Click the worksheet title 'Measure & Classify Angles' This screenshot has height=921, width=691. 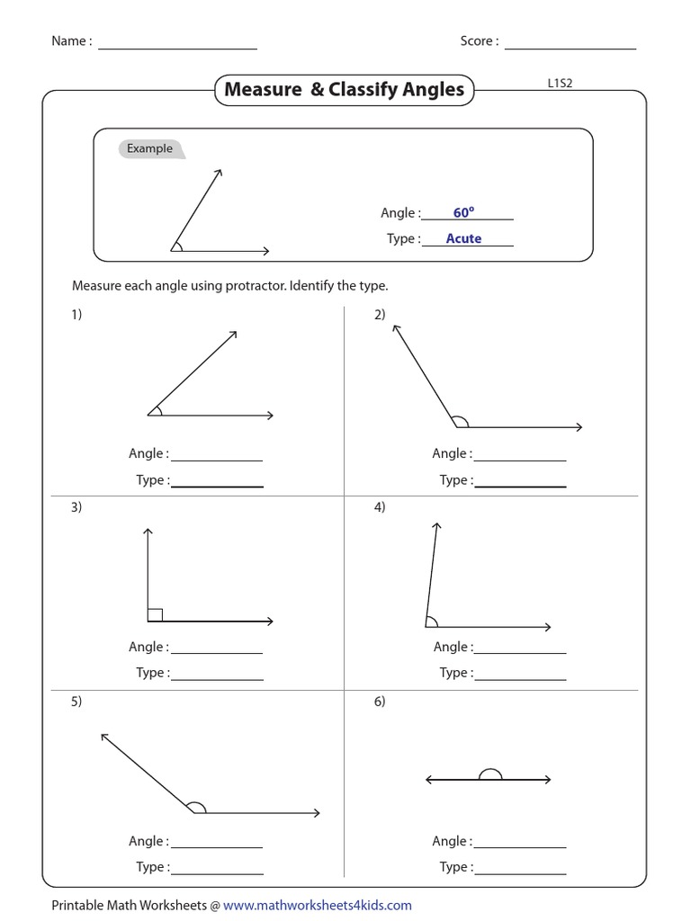[344, 89]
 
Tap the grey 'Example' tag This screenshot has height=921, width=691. [150, 148]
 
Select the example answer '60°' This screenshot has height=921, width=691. [463, 213]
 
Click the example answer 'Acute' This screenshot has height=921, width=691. [463, 238]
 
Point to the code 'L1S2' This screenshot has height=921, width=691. [561, 83]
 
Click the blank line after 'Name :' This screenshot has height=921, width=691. [177, 48]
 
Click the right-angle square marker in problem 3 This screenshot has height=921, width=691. [155, 614]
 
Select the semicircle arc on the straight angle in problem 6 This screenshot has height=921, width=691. [490, 773]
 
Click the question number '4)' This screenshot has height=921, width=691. [380, 506]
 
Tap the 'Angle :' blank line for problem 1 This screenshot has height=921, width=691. [216, 460]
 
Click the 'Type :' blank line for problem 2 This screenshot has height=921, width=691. [520, 486]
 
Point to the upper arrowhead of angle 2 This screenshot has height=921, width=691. [395, 328]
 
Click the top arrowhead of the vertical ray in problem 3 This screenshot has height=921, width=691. [148, 532]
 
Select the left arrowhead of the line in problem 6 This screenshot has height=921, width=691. [429, 780]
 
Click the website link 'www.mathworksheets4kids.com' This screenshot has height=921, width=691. [318, 905]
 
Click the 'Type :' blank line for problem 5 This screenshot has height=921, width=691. [216, 873]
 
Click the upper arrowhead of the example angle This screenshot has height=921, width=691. [218, 171]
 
